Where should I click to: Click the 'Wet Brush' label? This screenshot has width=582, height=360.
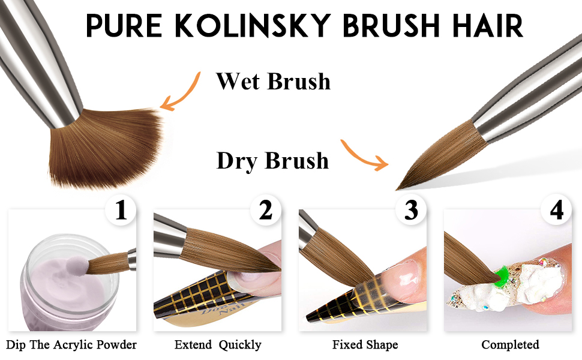coord(273,81)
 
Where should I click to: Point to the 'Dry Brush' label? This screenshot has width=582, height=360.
coord(272,161)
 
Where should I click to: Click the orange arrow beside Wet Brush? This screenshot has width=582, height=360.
coord(180,93)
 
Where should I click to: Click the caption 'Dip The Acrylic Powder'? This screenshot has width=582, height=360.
coord(72,345)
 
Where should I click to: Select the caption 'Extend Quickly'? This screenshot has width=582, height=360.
coord(218,345)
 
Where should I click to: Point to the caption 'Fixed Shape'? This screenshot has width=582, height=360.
coord(365,345)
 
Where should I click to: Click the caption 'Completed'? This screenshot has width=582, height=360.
coord(510,345)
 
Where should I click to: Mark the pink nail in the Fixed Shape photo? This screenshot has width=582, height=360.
coord(399,276)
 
